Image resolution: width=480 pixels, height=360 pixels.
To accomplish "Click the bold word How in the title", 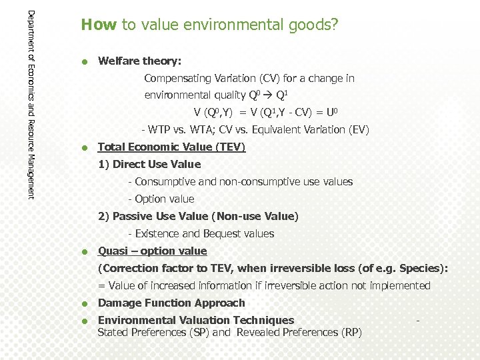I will (99, 25).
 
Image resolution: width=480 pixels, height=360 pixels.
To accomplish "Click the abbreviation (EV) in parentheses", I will (357, 130).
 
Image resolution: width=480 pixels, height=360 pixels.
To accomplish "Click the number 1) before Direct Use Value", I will (104, 165).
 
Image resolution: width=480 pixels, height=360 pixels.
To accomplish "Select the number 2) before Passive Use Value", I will (104, 217).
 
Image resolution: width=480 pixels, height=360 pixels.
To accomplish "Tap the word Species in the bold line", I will (419, 269).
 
